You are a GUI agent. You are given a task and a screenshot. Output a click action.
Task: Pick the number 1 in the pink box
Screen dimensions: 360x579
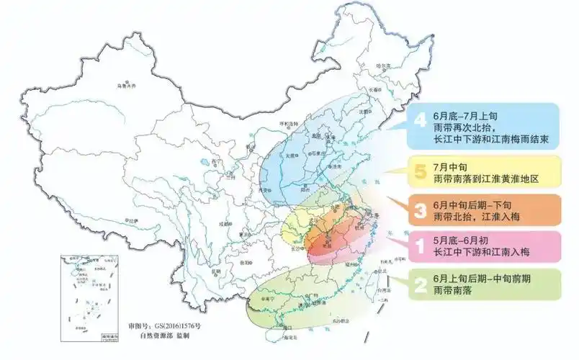tap(419, 246)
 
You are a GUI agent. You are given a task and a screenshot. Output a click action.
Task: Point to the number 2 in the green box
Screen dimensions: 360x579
tap(419, 284)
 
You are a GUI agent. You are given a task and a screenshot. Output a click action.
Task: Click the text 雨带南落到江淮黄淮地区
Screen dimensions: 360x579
tap(486, 177)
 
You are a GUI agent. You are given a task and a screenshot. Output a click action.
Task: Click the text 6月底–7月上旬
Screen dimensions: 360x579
tap(464, 115)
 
